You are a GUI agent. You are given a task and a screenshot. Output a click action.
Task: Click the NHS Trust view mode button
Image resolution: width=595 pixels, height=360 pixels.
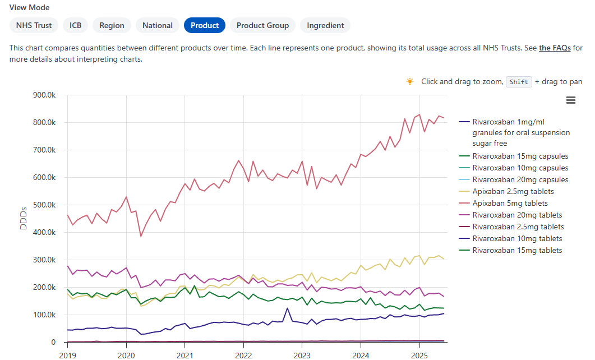[34, 25]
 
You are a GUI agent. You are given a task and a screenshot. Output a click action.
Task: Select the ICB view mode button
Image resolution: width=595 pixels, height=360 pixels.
[75, 25]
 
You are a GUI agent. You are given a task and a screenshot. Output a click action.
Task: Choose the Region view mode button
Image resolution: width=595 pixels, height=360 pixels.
[112, 25]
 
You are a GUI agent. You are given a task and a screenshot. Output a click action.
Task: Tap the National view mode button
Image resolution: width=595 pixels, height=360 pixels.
[158, 25]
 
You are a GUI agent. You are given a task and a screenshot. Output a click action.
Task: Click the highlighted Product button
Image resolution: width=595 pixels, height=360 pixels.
[205, 25]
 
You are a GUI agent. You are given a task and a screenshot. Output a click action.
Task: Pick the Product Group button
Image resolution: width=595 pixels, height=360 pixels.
[262, 25]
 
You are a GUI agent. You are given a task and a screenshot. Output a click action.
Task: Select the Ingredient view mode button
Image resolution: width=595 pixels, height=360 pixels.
[325, 25]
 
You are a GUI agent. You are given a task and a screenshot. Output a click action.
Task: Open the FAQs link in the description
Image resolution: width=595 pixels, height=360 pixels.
[555, 48]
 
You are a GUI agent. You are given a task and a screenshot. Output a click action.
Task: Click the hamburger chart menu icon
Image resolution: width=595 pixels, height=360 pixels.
[571, 100]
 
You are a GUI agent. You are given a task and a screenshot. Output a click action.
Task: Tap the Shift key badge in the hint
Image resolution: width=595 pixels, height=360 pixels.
[519, 82]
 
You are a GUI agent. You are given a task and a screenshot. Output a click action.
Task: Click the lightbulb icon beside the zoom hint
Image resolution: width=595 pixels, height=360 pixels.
[410, 81]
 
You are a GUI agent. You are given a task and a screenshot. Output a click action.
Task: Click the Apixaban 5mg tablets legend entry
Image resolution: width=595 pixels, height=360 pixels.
[510, 203]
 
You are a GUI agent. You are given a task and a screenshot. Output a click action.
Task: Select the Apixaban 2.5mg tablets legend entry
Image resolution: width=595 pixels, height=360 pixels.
[512, 191]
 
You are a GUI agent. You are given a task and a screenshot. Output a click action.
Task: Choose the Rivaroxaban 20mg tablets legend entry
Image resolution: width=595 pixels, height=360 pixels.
[516, 215]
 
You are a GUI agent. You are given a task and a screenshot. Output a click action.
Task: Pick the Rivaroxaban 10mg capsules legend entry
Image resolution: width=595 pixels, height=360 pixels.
[520, 168]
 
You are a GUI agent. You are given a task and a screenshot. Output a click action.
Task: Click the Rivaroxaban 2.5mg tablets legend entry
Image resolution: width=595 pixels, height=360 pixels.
[518, 227]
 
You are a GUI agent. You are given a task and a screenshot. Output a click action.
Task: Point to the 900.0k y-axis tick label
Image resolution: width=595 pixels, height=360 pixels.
[44, 95]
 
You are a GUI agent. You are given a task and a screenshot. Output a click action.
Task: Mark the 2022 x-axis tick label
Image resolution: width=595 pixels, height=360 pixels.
[243, 354]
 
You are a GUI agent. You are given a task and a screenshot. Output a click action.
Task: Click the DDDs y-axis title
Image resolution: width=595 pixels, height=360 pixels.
[23, 218]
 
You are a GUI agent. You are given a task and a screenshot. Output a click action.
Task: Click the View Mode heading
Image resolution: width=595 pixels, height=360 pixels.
[29, 8]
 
